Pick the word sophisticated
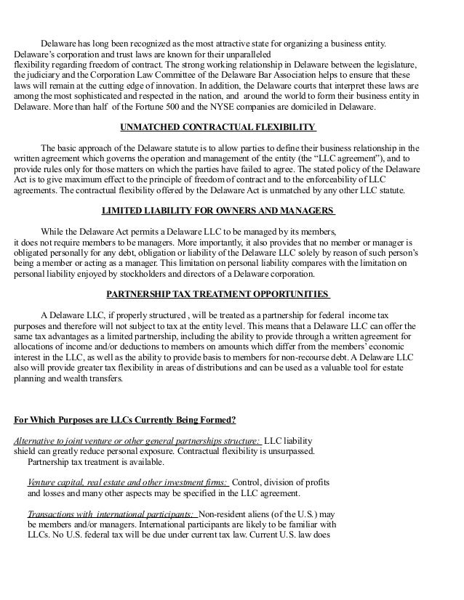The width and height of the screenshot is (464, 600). [96, 97]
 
